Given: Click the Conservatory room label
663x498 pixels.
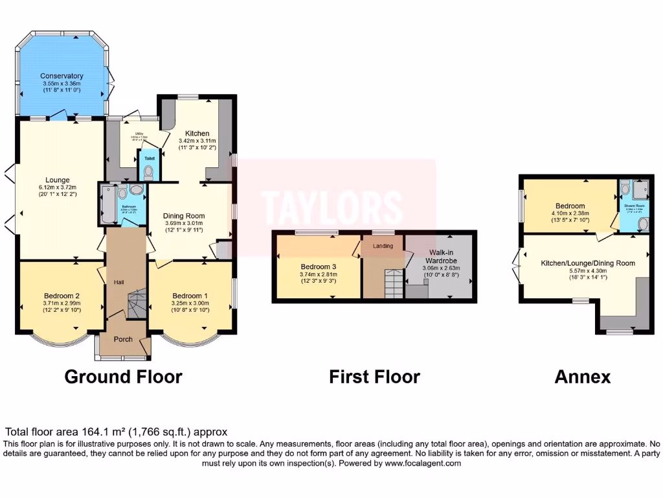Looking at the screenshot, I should [x=62, y=75].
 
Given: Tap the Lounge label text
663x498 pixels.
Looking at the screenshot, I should [x=57, y=180].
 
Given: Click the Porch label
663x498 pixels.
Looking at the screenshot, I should [x=123, y=338].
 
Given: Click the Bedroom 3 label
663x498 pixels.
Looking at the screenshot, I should [x=317, y=266].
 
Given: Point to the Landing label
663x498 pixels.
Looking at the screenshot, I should [x=382, y=246].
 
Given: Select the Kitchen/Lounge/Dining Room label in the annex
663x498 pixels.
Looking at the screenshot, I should [x=587, y=263].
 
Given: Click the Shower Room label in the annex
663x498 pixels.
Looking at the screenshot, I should [x=633, y=207].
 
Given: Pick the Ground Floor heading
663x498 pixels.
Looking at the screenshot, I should [x=123, y=377].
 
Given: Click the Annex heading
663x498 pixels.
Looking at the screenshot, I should [x=582, y=377].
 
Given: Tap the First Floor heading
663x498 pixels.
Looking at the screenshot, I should [x=374, y=377].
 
